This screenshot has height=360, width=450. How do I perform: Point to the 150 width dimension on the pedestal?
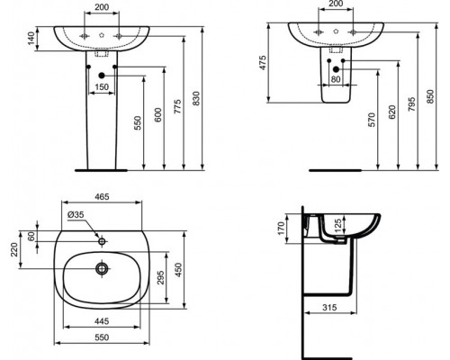(101, 85)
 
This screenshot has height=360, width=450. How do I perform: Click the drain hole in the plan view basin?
(103, 267)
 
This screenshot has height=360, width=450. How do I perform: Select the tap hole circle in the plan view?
(103, 240)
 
